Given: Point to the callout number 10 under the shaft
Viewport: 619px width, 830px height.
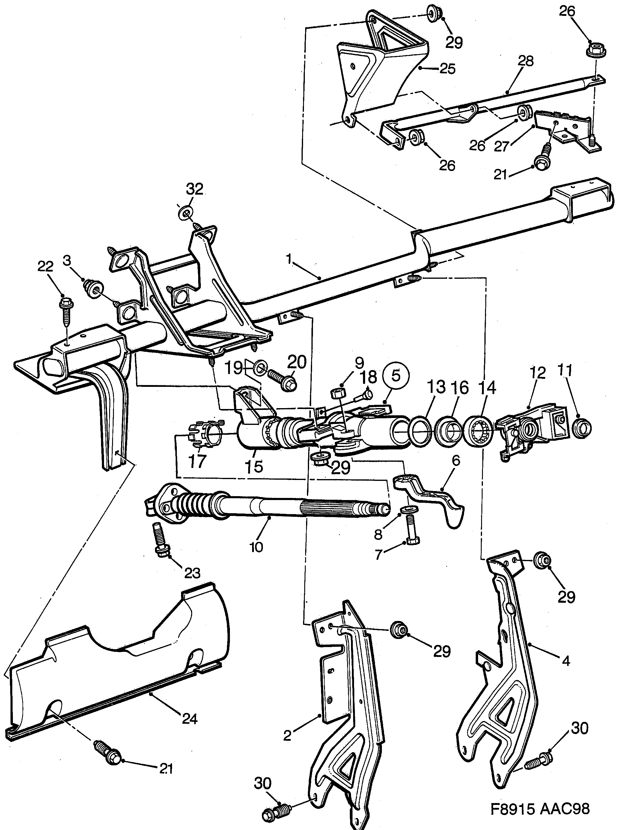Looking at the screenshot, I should (256, 547).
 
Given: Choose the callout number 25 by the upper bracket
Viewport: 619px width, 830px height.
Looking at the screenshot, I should (447, 69).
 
